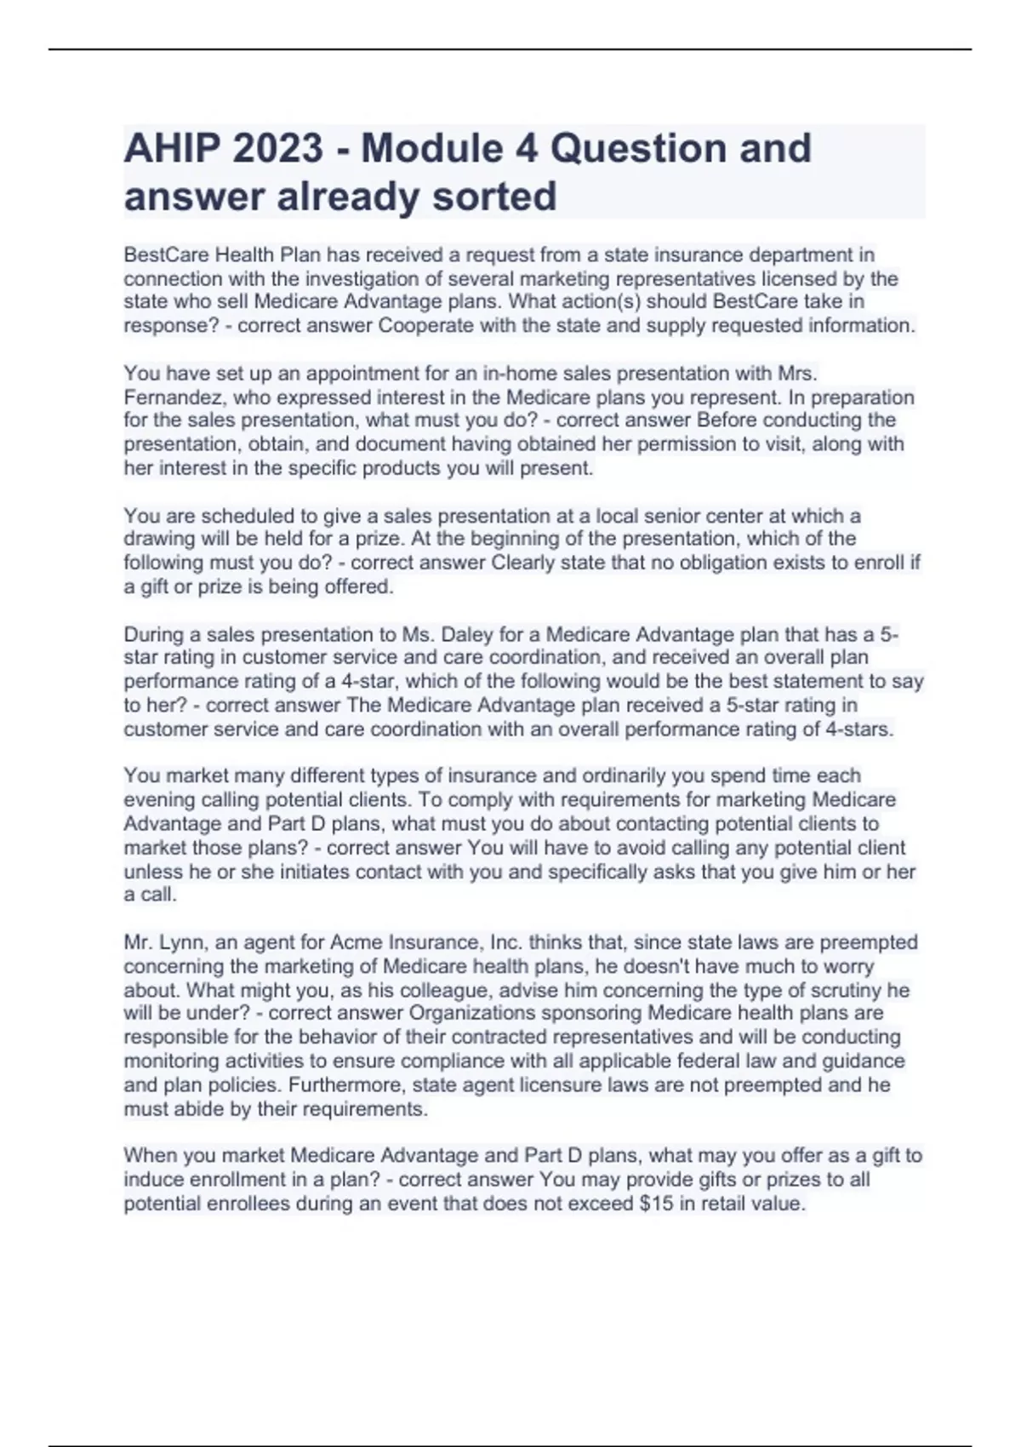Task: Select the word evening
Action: click(x=157, y=800)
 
